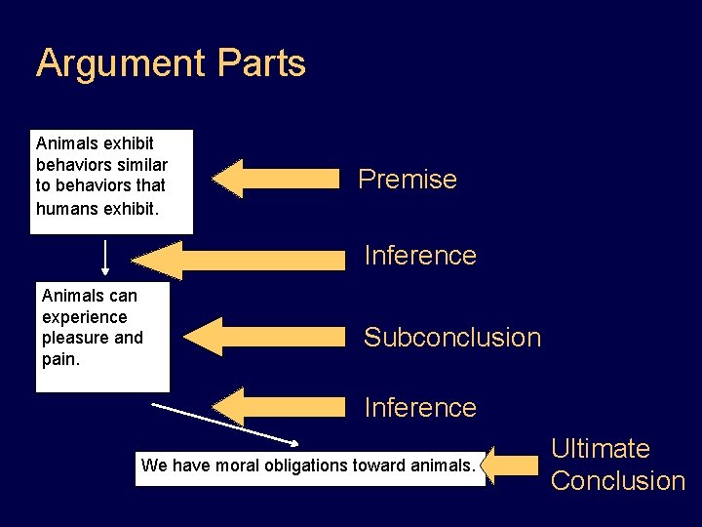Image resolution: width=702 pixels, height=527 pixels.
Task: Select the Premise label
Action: coord(408,180)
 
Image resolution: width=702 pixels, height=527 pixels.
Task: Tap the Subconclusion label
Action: coord(451,338)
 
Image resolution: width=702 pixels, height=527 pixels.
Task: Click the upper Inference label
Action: coord(420,256)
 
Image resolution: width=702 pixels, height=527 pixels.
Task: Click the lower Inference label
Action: coord(420,408)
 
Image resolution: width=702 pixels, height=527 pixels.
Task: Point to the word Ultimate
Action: coord(601,449)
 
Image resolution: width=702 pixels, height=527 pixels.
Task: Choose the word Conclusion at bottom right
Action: coord(618,481)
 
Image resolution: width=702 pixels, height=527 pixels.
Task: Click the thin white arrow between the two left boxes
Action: coord(106,258)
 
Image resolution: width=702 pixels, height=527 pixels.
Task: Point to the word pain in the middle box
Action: coord(60,359)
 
